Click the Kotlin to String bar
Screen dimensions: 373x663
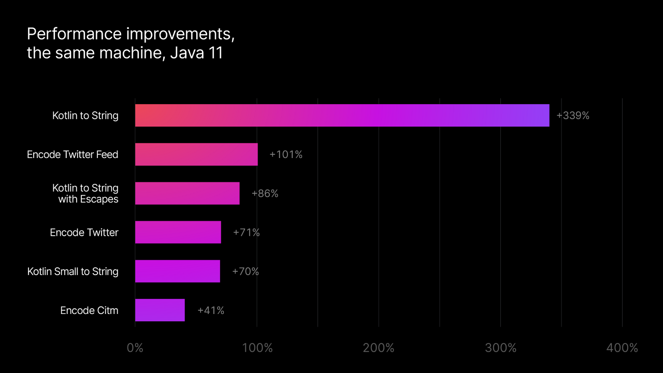[342, 116]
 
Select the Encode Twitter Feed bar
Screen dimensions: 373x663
[196, 154]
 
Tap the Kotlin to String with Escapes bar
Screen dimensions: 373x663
[187, 193]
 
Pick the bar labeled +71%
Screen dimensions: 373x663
[178, 232]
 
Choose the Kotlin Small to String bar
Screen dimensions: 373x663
[177, 271]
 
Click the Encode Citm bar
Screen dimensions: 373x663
[160, 310]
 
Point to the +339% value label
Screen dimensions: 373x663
[573, 116]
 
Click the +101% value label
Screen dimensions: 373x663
[286, 154]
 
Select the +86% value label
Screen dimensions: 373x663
[265, 193]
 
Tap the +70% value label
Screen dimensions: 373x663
[246, 271]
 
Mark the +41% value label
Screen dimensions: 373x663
[211, 310]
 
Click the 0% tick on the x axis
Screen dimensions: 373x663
[135, 348]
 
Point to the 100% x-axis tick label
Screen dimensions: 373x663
[257, 348]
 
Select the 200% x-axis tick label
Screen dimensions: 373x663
[379, 348]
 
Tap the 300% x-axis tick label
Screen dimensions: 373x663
[500, 348]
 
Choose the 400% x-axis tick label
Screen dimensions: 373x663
[622, 348]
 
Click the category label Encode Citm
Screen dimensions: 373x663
[89, 310]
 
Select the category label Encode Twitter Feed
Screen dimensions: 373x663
[73, 154]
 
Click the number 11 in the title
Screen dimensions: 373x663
[215, 53]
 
